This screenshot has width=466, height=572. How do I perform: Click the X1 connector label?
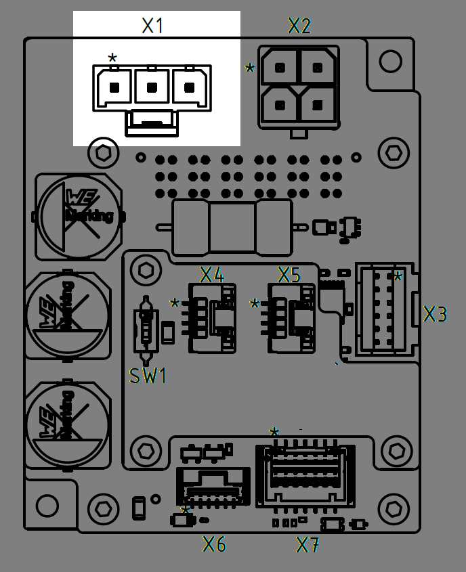152,26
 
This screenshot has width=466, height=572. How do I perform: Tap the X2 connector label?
299,26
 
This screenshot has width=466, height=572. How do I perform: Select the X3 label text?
436,314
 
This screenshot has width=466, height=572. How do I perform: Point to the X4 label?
211,275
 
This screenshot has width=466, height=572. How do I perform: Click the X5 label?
289,275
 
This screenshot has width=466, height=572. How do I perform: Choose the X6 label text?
215,544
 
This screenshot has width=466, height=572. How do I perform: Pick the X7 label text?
308,544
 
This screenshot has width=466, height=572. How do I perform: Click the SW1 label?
148,376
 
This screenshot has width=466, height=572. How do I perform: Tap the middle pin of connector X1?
152,87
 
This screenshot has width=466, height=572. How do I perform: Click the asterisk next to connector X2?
250,69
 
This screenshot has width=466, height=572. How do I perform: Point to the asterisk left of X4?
175,304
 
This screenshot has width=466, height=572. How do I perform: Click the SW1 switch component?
146,328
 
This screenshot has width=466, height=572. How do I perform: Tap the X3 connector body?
385,309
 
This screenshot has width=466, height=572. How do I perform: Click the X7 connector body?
304,475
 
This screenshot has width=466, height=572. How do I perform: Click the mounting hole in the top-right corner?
390,62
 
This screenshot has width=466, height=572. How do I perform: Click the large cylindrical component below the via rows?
232,227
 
